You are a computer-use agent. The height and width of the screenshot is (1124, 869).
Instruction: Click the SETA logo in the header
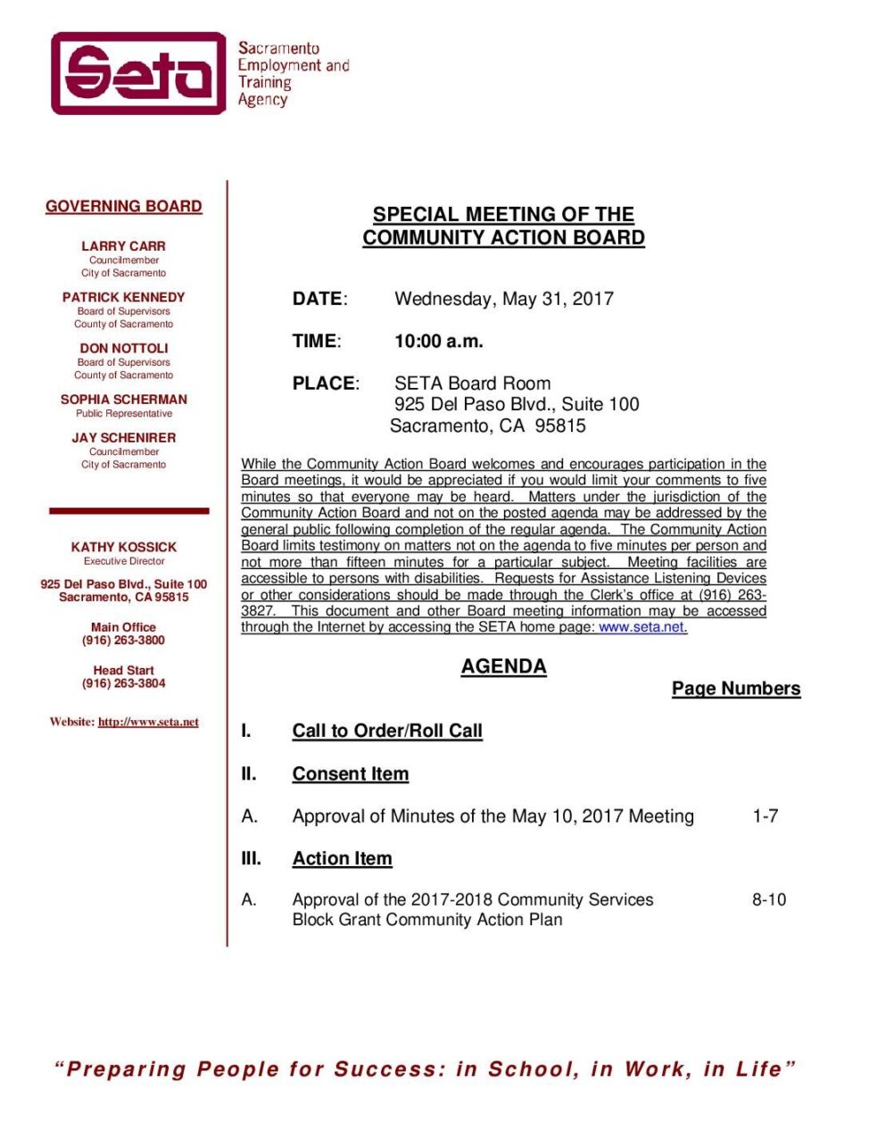click(x=138, y=74)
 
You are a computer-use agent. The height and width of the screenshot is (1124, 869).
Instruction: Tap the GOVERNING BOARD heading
click(x=124, y=207)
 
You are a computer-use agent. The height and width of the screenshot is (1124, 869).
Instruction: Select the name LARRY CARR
click(x=123, y=246)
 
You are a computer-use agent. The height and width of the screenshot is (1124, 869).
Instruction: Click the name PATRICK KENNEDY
click(x=123, y=297)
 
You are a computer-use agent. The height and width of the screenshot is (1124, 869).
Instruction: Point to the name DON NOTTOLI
click(x=123, y=348)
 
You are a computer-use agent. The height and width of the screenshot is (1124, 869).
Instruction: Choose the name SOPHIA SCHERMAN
click(x=123, y=400)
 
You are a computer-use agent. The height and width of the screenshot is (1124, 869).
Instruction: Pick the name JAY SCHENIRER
click(x=123, y=438)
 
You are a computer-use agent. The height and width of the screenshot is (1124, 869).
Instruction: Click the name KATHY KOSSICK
click(x=123, y=547)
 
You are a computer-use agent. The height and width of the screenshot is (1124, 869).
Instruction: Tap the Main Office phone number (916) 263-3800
click(x=123, y=641)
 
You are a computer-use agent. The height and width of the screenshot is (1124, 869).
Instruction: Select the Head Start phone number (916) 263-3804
click(x=123, y=683)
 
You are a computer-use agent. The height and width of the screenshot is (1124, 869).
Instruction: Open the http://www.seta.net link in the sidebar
click(x=148, y=723)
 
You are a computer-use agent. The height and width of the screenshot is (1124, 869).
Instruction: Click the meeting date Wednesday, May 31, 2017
click(x=504, y=299)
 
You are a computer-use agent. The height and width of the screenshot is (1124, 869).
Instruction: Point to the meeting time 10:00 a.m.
click(x=439, y=341)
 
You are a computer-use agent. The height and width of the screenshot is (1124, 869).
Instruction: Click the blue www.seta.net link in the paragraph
click(x=641, y=627)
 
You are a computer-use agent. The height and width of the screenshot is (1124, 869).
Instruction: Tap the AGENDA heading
click(x=503, y=666)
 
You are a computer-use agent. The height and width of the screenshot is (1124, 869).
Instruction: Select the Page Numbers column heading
click(x=736, y=689)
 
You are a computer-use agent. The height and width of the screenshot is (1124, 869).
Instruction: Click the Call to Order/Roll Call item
click(x=387, y=731)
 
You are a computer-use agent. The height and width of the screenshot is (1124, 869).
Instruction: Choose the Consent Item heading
click(x=351, y=774)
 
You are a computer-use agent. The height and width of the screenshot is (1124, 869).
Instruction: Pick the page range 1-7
click(x=766, y=816)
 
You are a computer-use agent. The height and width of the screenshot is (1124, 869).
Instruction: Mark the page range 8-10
click(x=769, y=900)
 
